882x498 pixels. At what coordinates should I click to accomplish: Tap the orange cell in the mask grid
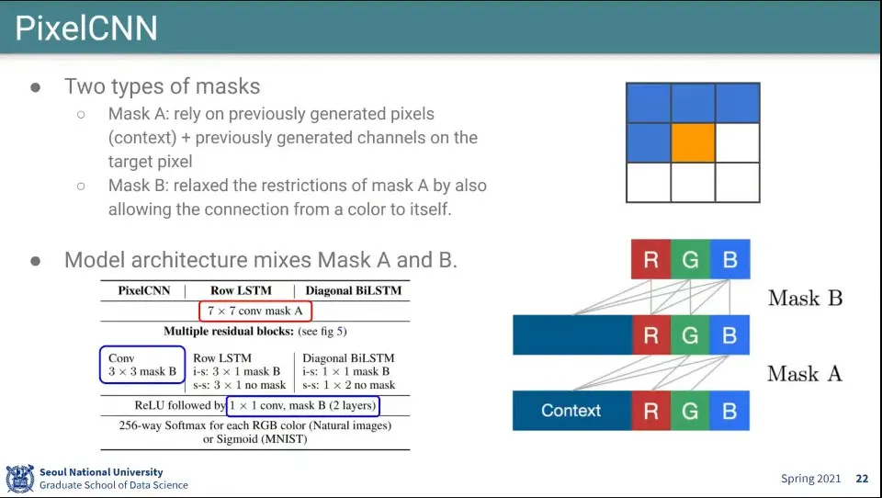[x=693, y=144]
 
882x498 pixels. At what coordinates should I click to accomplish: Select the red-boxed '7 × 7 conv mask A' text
[x=255, y=311]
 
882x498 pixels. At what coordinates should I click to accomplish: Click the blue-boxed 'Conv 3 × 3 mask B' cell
[x=141, y=365]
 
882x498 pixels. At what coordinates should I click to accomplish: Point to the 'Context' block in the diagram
[x=571, y=411]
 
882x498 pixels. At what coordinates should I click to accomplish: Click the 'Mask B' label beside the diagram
[x=805, y=298]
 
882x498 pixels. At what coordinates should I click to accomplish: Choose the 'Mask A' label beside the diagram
[x=805, y=374]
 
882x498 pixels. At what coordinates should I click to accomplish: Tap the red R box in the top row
[x=650, y=259]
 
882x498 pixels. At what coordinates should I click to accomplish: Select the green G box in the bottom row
[x=690, y=411]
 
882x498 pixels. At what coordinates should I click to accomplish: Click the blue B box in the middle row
[x=729, y=335]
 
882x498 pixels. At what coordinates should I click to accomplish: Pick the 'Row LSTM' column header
[x=241, y=291]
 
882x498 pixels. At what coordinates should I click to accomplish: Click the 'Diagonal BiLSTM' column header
[x=353, y=291]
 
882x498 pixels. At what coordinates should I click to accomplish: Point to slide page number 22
[x=862, y=479]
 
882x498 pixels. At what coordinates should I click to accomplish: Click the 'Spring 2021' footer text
[x=811, y=479]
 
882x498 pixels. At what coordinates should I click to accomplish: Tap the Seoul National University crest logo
[x=19, y=479]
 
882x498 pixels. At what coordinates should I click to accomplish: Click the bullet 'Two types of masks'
[x=162, y=86]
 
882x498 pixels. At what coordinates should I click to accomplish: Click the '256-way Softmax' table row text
[x=255, y=425]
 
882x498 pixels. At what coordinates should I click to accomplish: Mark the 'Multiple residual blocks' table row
[x=255, y=331]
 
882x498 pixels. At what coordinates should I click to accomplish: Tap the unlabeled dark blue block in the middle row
[x=571, y=335]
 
